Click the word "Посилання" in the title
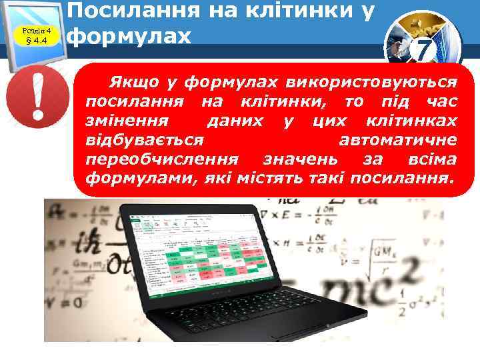pyautogui.click(x=129, y=9)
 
